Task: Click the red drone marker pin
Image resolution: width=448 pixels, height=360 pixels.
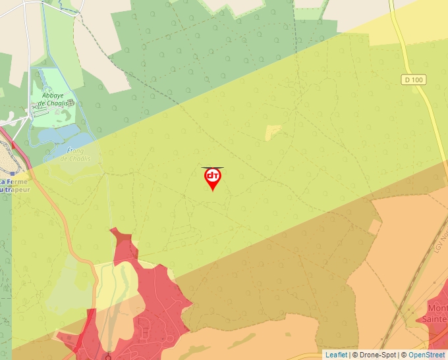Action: click(x=212, y=178)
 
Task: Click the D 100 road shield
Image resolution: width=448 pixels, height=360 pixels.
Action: click(x=413, y=80)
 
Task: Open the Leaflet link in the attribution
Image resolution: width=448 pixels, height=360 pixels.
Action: click(x=336, y=355)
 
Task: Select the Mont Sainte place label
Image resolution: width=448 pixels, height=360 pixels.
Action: click(x=437, y=313)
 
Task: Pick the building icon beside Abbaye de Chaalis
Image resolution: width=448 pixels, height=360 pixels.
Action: click(x=70, y=103)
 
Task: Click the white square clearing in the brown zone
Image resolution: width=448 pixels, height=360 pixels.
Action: click(x=375, y=227)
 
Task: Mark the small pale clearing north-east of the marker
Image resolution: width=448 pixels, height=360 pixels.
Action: click(x=273, y=132)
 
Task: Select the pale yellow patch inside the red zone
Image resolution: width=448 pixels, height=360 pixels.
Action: click(x=125, y=280)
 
